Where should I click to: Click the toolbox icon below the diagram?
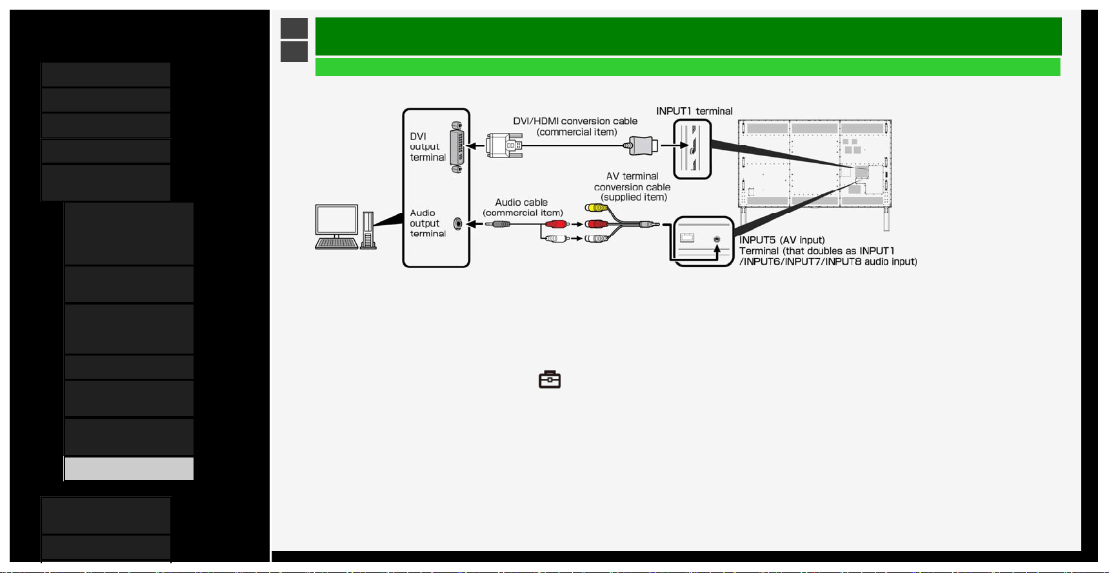[550, 379]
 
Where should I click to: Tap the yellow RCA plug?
[597, 208]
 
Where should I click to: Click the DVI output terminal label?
[428, 146]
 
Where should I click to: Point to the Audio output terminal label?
[428, 223]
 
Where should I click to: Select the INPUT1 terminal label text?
[694, 111]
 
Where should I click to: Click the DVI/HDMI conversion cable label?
[575, 126]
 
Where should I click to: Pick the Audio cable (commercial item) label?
[523, 207]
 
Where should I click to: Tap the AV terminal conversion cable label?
[632, 186]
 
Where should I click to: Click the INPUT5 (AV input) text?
[782, 240]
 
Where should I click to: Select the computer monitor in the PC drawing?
[336, 221]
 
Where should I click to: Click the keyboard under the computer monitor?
[336, 243]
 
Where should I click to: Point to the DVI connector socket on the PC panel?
[457, 147]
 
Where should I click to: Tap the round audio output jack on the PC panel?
[458, 224]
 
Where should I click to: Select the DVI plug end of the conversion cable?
[504, 146]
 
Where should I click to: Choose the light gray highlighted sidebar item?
[129, 468]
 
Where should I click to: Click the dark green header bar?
[688, 36]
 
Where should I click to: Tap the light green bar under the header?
[688, 67]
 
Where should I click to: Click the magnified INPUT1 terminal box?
[692, 150]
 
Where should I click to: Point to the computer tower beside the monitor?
[368, 230]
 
